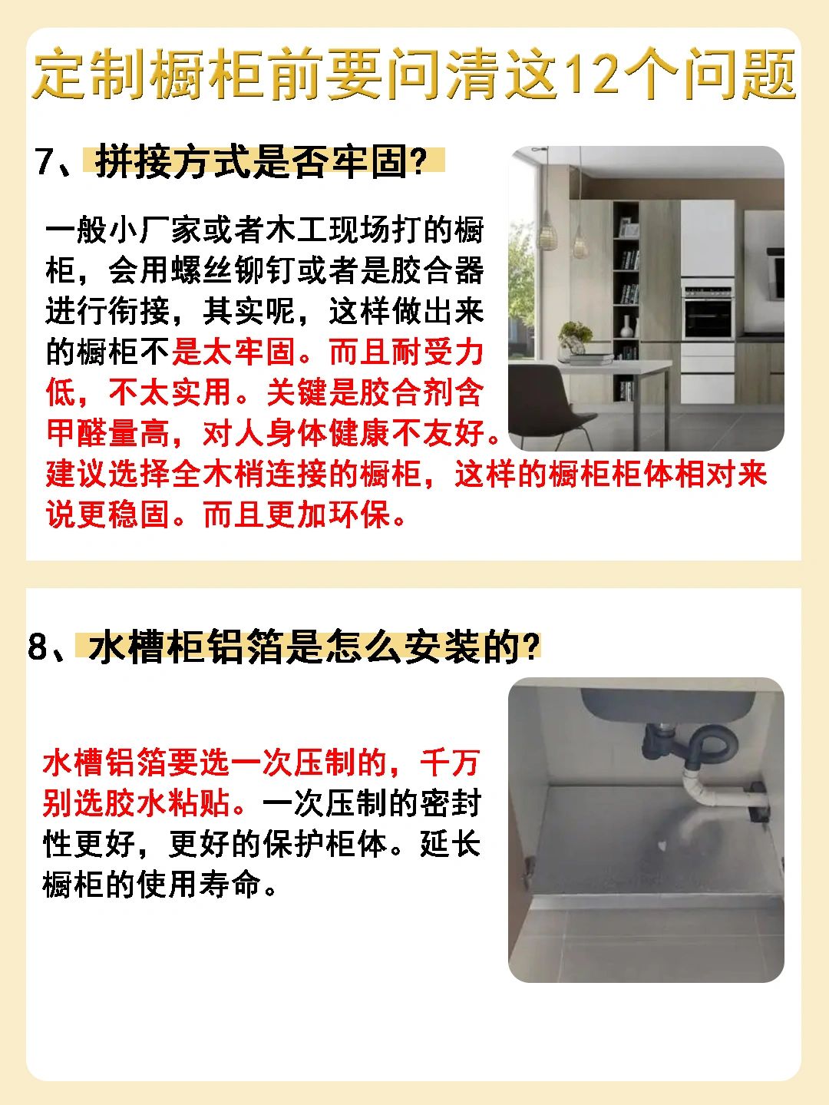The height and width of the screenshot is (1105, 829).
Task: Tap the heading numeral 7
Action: pyautogui.click(x=46, y=161)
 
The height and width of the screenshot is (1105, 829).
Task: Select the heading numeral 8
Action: pyautogui.click(x=38, y=646)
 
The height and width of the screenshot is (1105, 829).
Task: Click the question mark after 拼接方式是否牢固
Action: pyautogui.click(x=417, y=161)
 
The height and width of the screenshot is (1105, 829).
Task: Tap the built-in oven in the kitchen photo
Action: pyautogui.click(x=708, y=316)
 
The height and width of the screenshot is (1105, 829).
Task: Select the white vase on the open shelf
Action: pyautogui.click(x=626, y=326)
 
